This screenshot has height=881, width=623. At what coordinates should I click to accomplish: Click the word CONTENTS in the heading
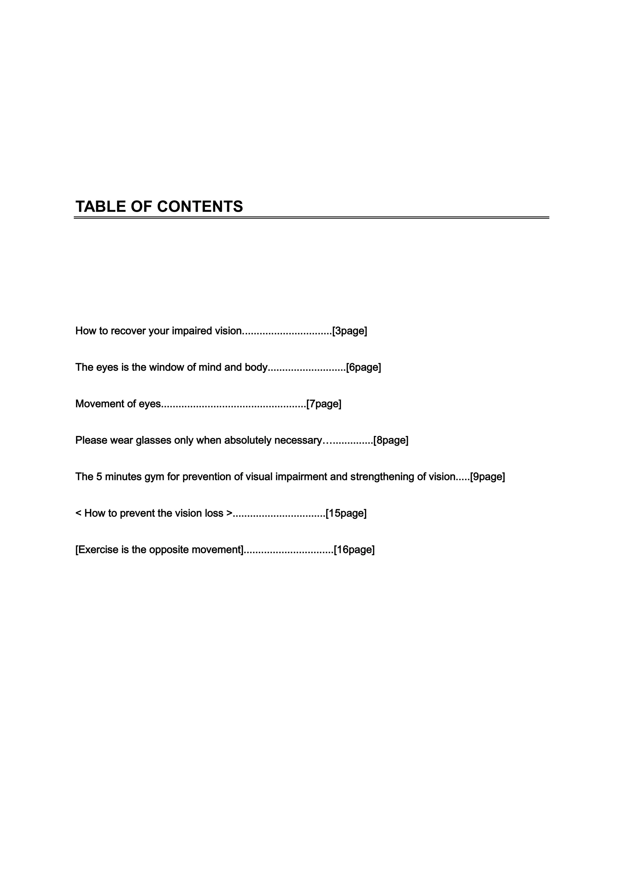tap(200, 207)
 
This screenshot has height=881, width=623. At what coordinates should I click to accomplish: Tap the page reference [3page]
tap(350, 331)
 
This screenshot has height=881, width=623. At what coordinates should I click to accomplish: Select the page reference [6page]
tap(363, 367)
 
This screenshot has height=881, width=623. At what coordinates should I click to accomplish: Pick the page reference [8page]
tap(391, 440)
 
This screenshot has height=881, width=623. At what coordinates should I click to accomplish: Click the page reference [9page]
tap(487, 477)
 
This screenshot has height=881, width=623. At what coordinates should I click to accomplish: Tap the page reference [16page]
tap(354, 549)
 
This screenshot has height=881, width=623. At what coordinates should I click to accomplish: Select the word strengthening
tap(382, 477)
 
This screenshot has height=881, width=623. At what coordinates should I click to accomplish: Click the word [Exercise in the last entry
tap(97, 549)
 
